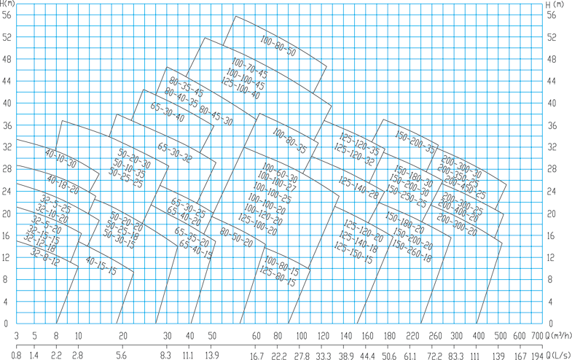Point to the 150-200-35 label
415,141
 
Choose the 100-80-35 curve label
289,141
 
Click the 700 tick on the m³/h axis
538,336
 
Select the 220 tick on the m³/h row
412,336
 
